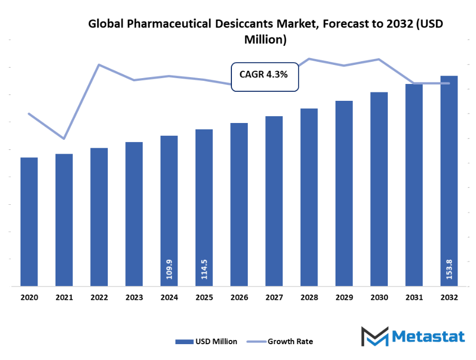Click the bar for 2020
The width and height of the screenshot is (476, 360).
29,222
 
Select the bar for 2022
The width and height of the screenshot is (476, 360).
99,217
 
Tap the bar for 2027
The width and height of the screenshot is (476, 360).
274,201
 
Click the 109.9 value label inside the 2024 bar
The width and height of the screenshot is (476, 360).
170,269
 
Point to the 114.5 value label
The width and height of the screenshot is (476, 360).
204,269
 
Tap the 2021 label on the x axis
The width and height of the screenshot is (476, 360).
64,298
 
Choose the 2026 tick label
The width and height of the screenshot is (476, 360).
239,298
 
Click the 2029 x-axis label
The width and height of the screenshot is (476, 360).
344,298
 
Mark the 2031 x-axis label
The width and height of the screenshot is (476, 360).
414,298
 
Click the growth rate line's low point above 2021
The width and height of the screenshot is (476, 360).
64,139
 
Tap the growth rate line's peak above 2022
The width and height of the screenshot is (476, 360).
99,65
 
